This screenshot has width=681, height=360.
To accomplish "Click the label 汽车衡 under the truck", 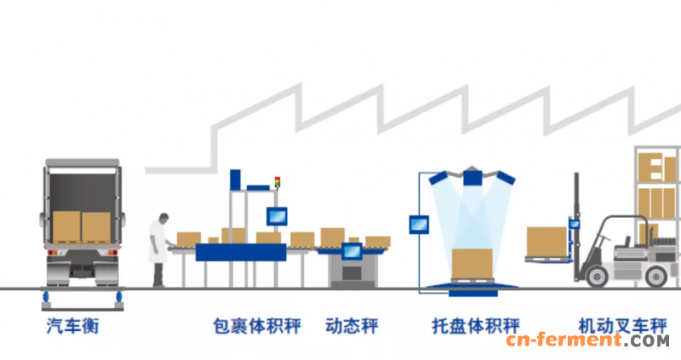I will (72, 326).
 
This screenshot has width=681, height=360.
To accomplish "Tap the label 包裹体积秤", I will (257, 326).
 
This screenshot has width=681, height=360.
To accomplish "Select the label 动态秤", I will (352, 326).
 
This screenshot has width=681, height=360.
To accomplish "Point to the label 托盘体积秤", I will (476, 326).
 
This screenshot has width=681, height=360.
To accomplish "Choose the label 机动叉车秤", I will (609, 326).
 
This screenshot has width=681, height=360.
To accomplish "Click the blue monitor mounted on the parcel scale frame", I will (277, 215).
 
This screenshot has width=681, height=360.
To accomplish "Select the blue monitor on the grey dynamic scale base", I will (351, 251).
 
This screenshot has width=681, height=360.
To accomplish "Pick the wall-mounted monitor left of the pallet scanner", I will (418, 224).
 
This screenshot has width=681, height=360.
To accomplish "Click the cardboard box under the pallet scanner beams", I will (474, 263).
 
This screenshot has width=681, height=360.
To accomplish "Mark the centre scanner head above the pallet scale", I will (474, 177).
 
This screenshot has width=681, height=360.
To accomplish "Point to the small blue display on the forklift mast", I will (575, 224).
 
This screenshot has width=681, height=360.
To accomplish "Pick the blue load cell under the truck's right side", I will (119, 295).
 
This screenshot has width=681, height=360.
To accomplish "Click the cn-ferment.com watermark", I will (587, 341).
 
